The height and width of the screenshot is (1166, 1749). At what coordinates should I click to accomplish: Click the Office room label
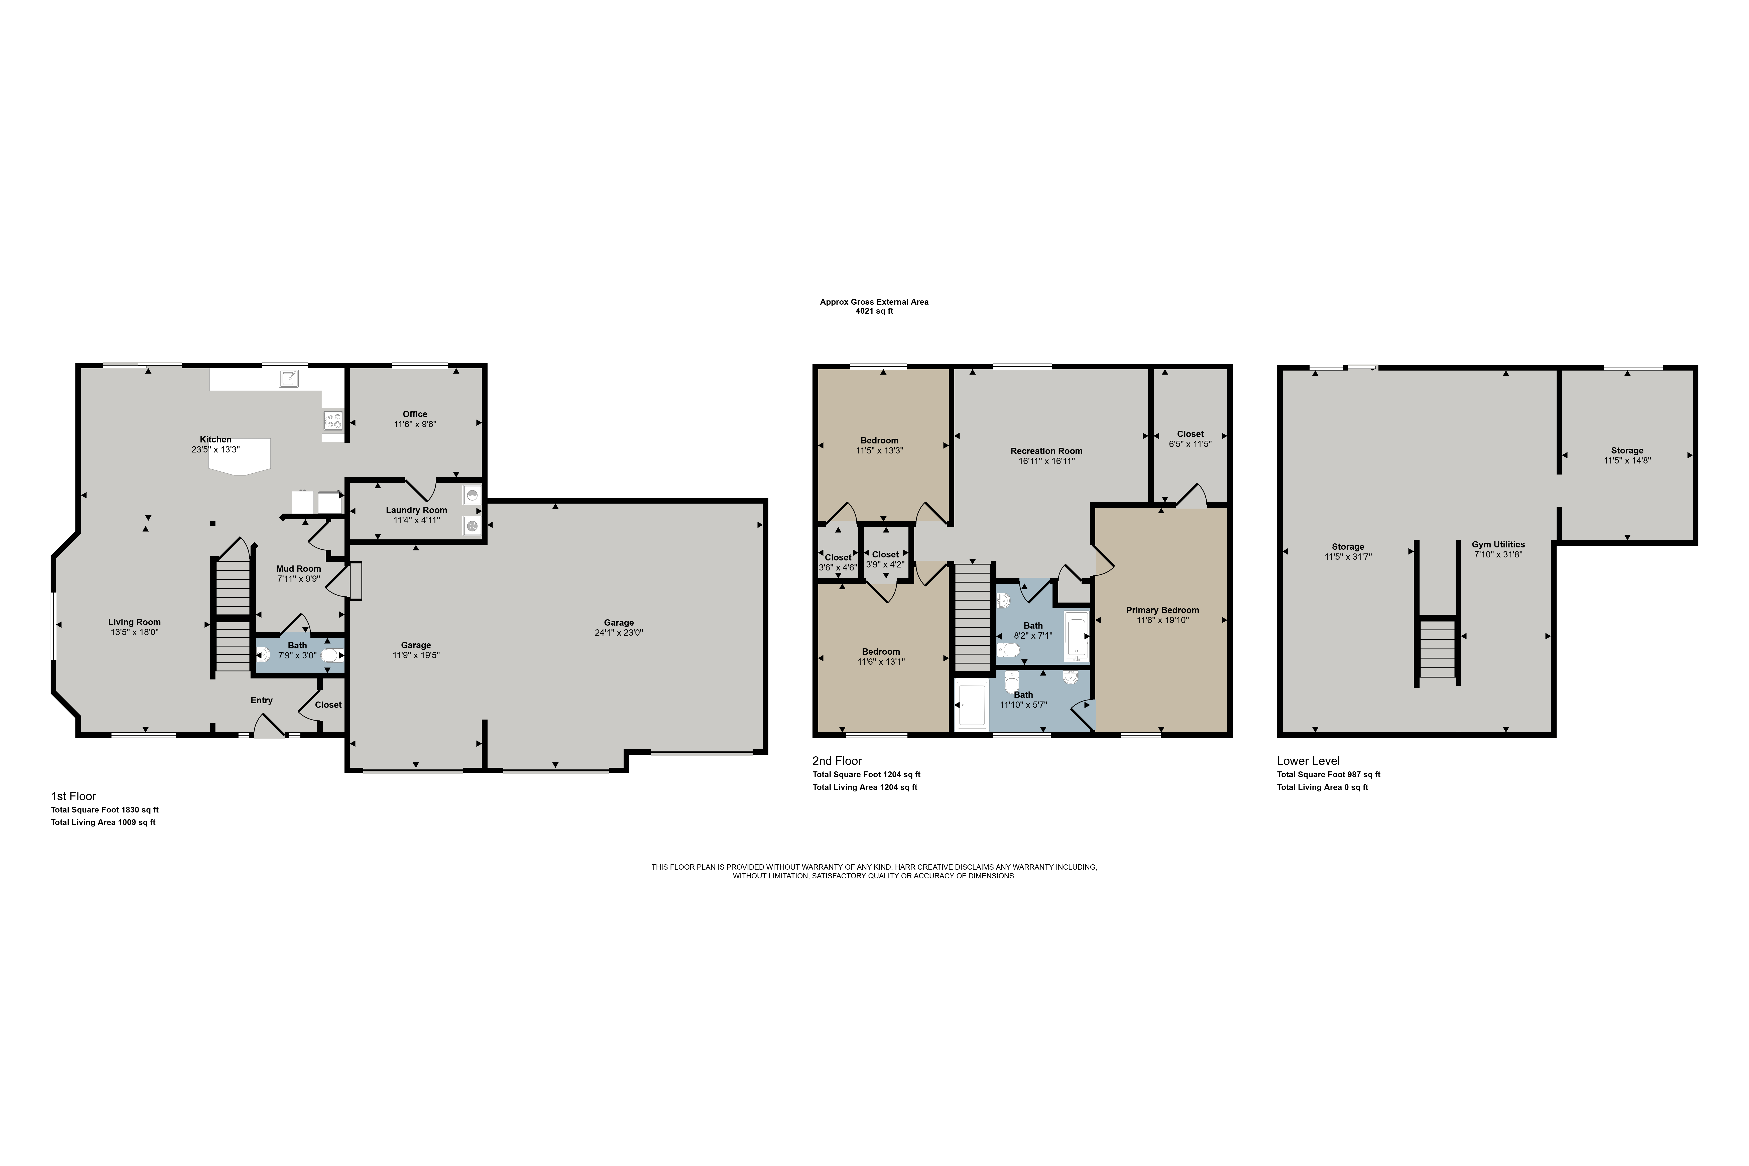click(415, 414)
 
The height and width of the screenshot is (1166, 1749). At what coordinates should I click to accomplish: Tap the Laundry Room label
click(416, 510)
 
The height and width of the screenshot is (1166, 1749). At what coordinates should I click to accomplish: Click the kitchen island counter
click(240, 456)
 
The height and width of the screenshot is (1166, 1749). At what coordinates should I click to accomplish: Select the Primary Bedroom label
click(1162, 610)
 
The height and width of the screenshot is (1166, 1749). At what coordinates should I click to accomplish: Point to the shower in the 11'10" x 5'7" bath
click(972, 705)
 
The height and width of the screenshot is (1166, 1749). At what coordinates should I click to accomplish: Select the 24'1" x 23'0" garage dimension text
click(619, 633)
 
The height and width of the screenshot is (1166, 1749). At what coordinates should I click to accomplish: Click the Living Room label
click(135, 622)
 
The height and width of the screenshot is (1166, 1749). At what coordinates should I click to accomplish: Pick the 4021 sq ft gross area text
click(874, 312)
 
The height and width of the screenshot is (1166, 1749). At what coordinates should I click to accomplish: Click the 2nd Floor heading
click(837, 761)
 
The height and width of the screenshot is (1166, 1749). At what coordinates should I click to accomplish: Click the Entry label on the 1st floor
click(262, 701)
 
